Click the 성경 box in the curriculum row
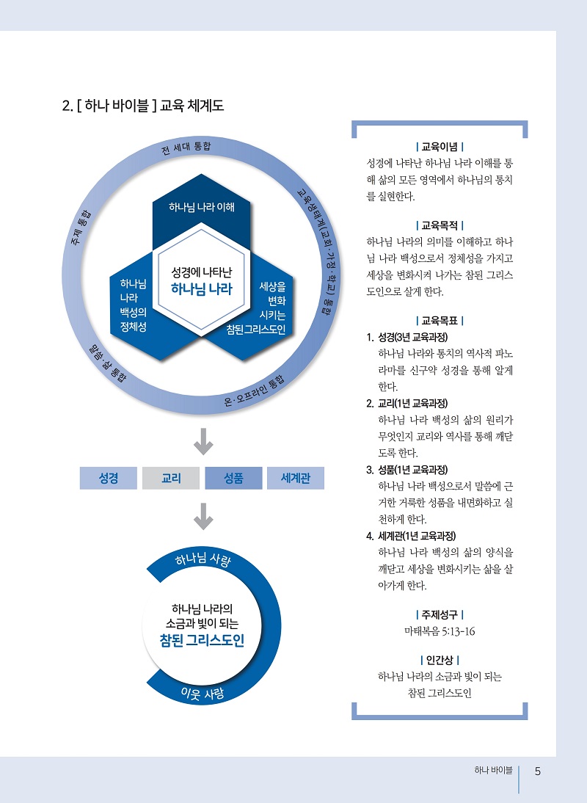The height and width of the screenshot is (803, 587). pos(109,478)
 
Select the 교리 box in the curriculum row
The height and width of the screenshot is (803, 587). pos(171,478)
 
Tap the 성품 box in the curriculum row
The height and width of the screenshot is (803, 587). pos(233,478)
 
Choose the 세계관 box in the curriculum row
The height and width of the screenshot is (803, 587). pos(296,478)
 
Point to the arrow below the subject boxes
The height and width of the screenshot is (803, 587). pos(203,517)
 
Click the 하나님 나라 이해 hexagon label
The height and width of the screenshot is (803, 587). pos(202,206)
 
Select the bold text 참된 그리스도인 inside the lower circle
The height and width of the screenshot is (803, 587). pos(202,641)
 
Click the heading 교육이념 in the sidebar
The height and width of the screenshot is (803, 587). pos(440,147)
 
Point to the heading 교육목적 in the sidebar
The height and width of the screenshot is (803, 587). pos(440,225)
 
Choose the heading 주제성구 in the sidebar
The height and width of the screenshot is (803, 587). pos(440,614)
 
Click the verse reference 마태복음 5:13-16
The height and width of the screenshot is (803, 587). pos(440,631)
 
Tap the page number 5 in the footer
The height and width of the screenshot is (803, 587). pos(538,771)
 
